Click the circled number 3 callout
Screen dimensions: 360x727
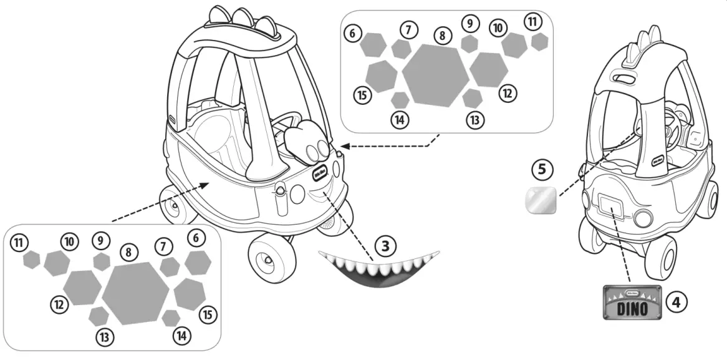tap(385, 245)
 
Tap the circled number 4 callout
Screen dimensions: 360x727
tap(676, 301)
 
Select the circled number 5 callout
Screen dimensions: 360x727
tap(542, 168)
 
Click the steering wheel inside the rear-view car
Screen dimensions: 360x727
tap(672, 122)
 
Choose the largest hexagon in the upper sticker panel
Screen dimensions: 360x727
tap(435, 74)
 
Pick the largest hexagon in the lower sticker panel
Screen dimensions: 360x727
tap(135, 293)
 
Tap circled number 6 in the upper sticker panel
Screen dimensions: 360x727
tap(353, 33)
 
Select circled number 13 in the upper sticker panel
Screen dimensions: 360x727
tap(475, 120)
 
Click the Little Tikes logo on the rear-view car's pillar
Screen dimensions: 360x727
tap(662, 160)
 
